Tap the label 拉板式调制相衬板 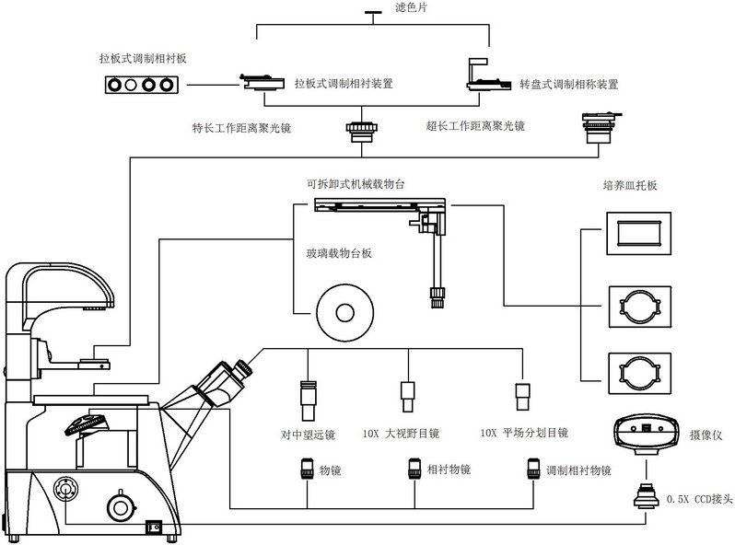point(142,58)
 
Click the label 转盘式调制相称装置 point(568,84)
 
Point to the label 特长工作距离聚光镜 point(241,126)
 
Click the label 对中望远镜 point(308,432)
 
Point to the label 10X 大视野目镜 point(402,432)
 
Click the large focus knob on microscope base point(119,505)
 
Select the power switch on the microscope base point(157,528)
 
